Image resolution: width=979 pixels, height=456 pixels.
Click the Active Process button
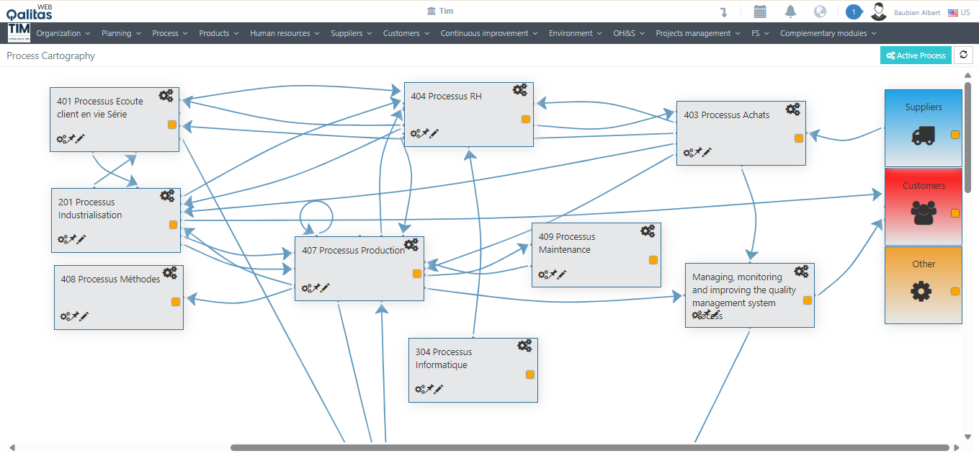[x=916, y=55]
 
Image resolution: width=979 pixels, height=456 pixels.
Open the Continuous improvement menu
[x=489, y=33]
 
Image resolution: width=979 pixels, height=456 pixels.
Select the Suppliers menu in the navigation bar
[x=351, y=33]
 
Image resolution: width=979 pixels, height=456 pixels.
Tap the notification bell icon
[x=790, y=12]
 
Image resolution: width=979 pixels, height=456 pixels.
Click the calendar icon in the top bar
[x=760, y=12]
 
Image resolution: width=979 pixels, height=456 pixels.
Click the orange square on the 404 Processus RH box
[x=526, y=120]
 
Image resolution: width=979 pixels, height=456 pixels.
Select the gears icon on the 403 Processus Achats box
[x=792, y=109]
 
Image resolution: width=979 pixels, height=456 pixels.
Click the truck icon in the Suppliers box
[x=923, y=135]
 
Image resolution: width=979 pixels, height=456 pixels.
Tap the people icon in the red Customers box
[x=923, y=212]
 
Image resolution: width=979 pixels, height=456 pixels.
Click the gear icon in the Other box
[x=921, y=291]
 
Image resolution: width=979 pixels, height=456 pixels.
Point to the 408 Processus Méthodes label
[x=110, y=280]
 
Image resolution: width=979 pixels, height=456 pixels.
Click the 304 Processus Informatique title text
[x=443, y=358]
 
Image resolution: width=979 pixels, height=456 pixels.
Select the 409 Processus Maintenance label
[x=566, y=243]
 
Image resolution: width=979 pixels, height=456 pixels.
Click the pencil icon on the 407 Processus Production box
[x=326, y=287]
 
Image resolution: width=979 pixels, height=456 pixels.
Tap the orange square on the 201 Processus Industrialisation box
[x=173, y=225]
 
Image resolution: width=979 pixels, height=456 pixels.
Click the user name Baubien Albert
[x=916, y=12]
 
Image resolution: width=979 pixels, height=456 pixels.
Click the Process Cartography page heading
[x=51, y=55]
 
